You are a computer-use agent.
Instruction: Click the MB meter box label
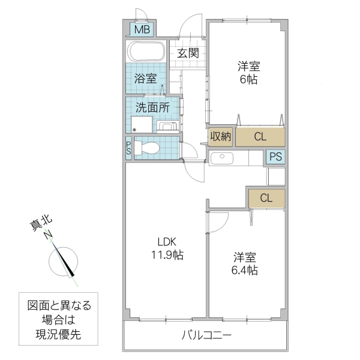142,29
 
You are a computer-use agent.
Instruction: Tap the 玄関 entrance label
187,53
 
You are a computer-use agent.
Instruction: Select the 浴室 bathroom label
145,78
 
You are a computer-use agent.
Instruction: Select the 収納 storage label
220,137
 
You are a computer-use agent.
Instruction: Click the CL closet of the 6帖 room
260,137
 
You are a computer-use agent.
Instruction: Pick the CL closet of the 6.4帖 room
266,197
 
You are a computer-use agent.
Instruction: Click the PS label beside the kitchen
275,157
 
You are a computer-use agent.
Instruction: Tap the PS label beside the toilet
128,148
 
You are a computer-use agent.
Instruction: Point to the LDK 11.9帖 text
166,248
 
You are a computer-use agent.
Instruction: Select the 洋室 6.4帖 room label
245,264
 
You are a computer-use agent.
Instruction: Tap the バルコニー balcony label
206,336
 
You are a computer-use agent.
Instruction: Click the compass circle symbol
64,261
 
